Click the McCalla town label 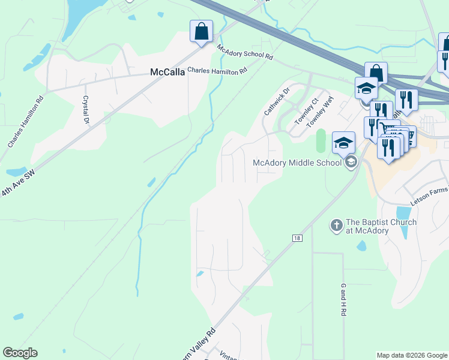click(x=166, y=72)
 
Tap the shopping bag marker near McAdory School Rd click(x=201, y=31)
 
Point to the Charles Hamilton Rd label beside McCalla click(x=217, y=70)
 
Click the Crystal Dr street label click(x=86, y=110)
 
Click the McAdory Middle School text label click(x=297, y=162)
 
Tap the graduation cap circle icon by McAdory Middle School click(x=351, y=161)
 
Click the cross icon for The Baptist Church click(x=336, y=226)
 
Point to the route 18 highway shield click(x=298, y=238)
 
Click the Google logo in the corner click(x=20, y=353)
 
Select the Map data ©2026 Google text click(x=412, y=355)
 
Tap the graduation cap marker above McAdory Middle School click(x=344, y=142)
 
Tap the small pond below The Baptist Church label click(x=361, y=246)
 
